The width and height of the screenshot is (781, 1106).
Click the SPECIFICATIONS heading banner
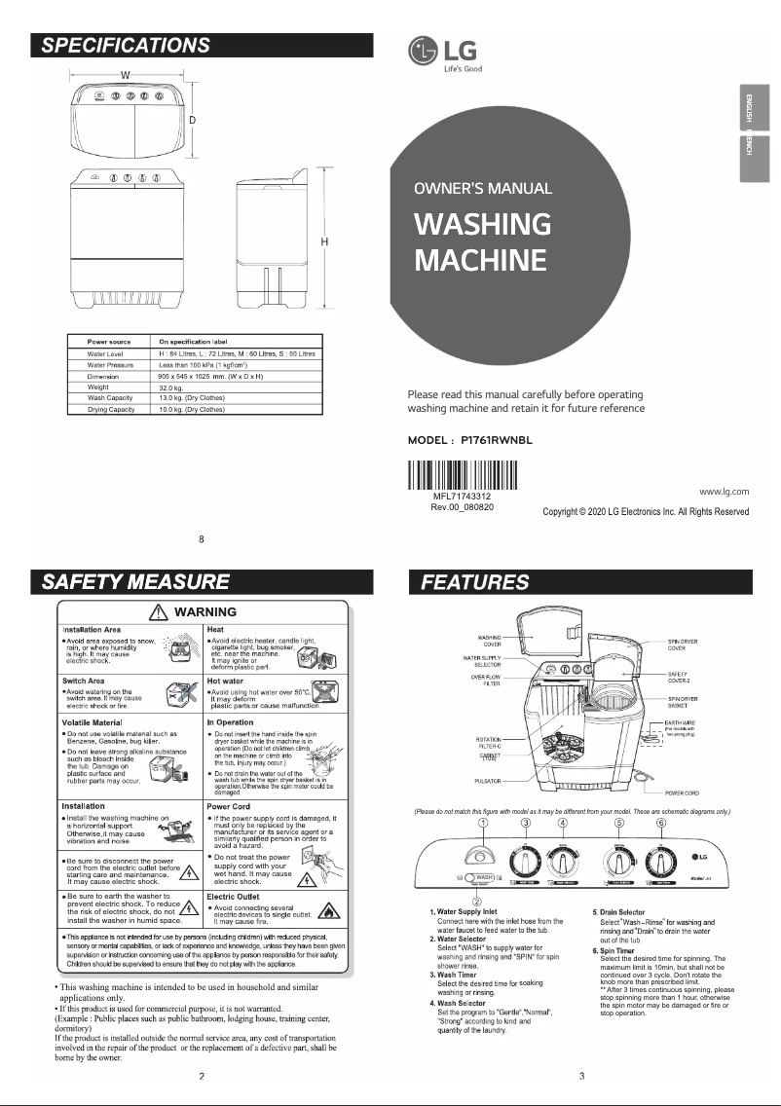pos(202,45)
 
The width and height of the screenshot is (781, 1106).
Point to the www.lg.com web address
pos(724,495)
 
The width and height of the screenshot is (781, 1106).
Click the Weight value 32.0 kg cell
pos(172,387)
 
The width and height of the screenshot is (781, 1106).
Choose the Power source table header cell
pos(109,343)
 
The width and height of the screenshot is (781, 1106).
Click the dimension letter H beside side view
pos(323,241)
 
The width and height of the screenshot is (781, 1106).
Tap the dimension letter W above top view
pos(126,75)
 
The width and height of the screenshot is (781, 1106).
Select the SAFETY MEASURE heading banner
pos(202,582)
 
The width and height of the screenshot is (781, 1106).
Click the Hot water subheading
pos(226,681)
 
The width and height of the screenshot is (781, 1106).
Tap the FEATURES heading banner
pos(577,582)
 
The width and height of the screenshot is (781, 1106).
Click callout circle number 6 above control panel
pos(661,824)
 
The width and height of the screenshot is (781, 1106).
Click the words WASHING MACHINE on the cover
pos(482,242)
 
